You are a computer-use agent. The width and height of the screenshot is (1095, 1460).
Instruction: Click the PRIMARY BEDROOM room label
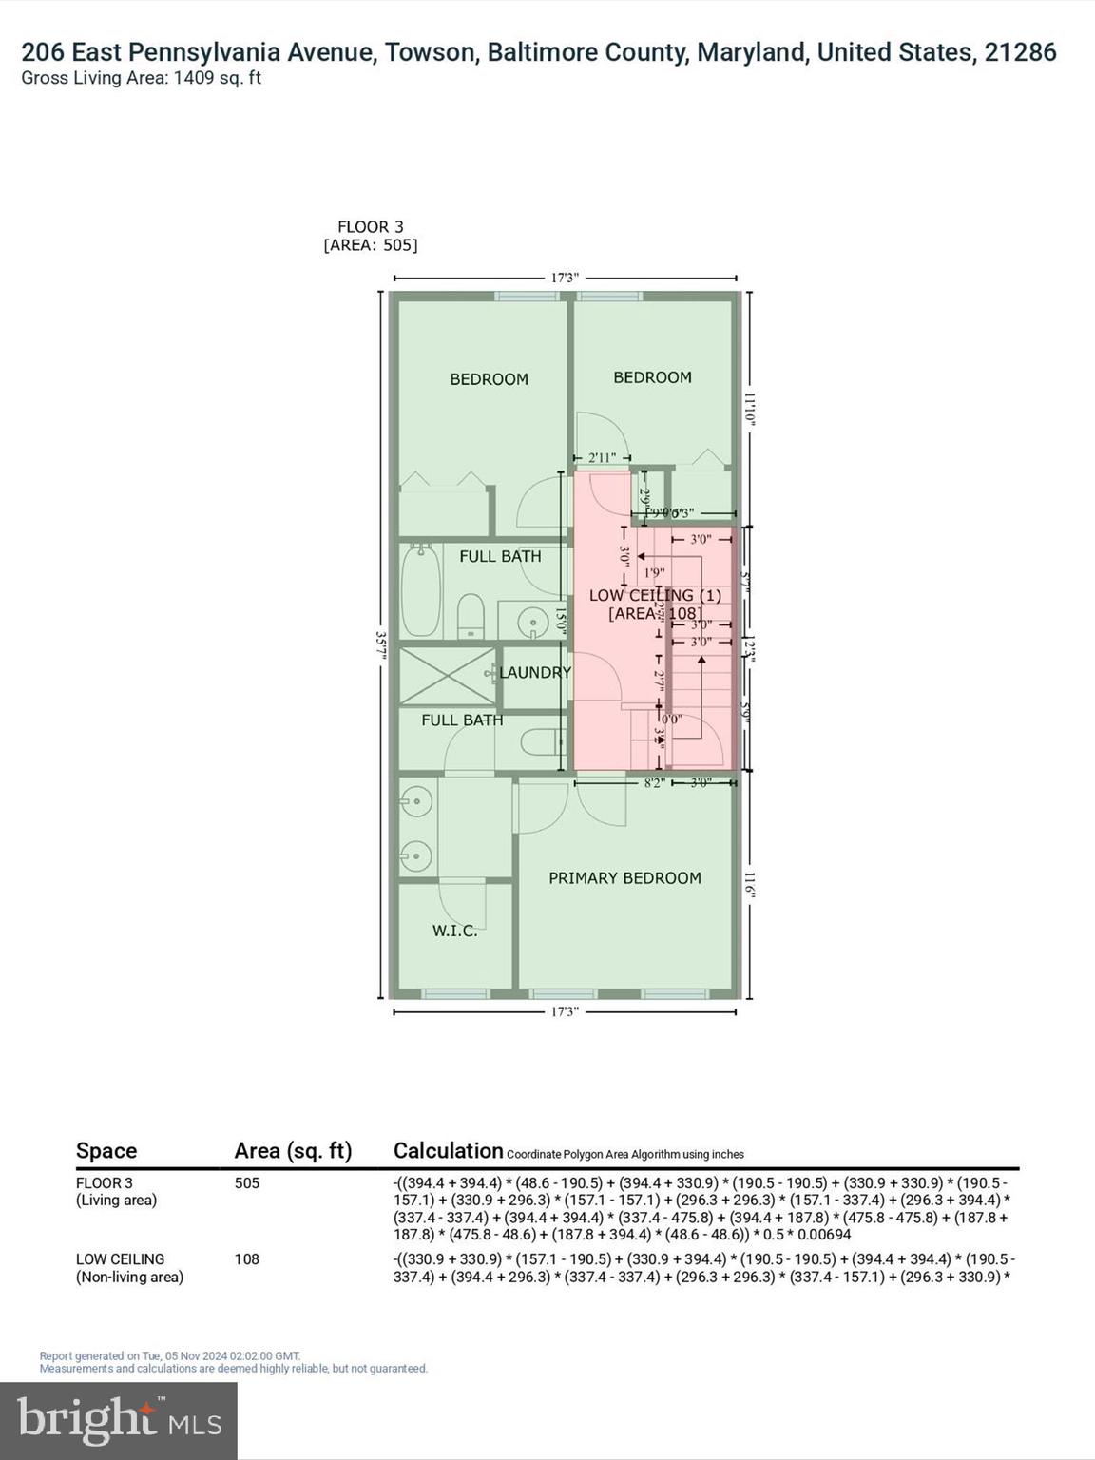[624, 878]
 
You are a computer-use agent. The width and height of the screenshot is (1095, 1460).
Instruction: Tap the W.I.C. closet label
[454, 931]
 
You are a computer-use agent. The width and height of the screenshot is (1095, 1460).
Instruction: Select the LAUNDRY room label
[535, 672]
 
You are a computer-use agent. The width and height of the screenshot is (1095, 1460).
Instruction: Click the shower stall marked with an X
[447, 676]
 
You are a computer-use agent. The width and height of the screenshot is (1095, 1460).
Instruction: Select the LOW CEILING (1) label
[655, 595]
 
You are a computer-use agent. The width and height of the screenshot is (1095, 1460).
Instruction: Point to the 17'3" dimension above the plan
[565, 278]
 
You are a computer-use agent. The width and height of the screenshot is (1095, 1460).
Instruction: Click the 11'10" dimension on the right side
[749, 409]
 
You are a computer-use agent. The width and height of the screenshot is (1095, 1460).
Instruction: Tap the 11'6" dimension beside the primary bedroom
[749, 884]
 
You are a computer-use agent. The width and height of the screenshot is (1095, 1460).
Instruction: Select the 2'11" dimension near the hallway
[602, 458]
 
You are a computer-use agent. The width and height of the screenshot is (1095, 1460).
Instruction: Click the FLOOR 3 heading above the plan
[370, 226]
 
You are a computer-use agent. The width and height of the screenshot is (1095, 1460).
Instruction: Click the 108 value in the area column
[246, 1258]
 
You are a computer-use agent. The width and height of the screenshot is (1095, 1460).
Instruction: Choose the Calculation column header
[448, 1150]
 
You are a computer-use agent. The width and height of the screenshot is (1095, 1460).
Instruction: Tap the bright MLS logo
[118, 1420]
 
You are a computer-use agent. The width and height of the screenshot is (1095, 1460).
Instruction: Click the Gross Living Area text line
[141, 78]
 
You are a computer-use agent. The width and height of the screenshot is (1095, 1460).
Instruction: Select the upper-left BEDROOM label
[489, 379]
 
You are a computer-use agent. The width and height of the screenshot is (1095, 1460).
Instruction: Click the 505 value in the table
[246, 1182]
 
